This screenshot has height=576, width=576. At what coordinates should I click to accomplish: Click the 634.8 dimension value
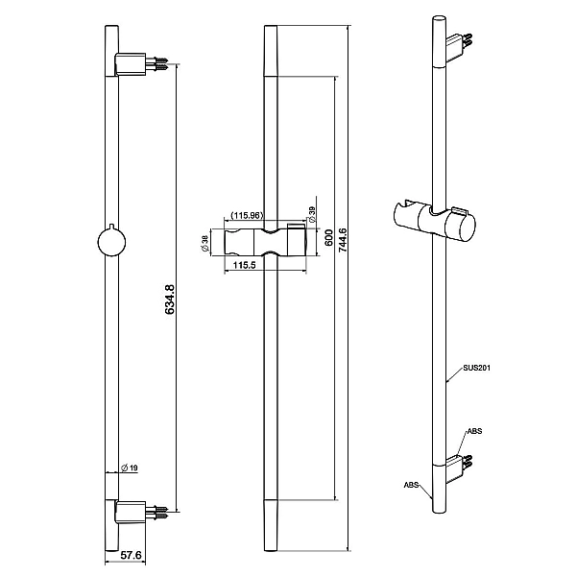170,300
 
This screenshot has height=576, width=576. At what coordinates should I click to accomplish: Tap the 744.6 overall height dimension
343,240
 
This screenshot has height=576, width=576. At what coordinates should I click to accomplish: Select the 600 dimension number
329,238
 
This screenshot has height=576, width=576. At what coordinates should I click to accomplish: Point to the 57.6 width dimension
132,555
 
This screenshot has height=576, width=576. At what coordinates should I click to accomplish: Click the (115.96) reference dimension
248,216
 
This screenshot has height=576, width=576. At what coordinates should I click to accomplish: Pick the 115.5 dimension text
244,265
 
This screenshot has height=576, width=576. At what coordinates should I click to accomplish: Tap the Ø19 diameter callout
130,468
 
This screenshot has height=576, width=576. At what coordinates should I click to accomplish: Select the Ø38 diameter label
205,244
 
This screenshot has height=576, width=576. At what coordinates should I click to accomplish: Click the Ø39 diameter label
312,214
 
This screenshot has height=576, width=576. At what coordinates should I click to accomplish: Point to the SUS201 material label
476,368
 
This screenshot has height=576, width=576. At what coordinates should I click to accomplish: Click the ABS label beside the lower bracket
474,431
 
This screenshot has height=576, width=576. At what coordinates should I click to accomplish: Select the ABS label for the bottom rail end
411,485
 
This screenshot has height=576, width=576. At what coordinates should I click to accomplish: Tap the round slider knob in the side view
111,242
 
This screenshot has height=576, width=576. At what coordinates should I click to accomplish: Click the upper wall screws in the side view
156,63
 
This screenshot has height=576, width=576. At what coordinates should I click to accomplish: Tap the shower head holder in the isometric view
435,221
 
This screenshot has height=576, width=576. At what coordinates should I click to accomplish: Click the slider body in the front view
265,242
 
